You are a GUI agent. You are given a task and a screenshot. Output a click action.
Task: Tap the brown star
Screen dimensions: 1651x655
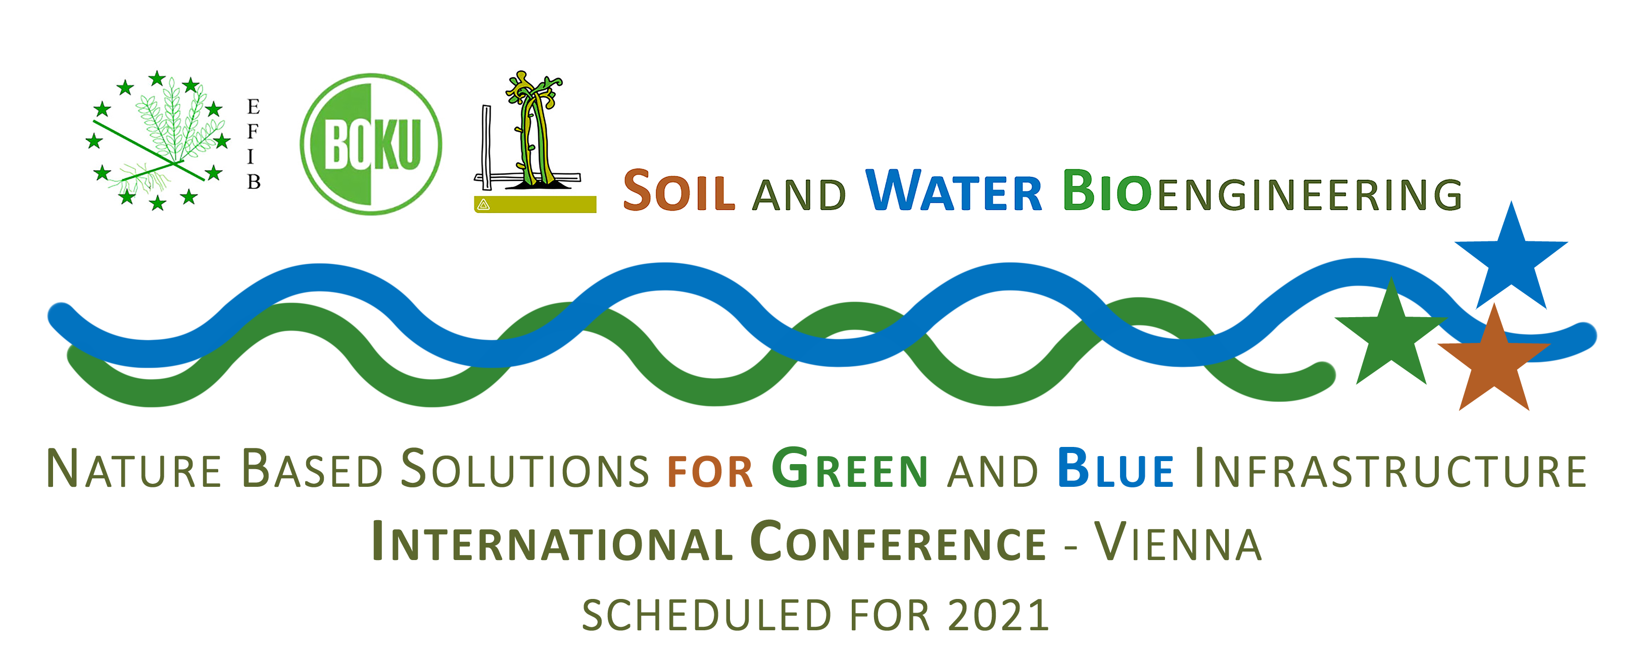click(1494, 364)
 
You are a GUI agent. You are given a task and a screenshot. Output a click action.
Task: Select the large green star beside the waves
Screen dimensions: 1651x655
click(1391, 338)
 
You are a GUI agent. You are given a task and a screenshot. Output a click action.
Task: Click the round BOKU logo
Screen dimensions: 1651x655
click(371, 144)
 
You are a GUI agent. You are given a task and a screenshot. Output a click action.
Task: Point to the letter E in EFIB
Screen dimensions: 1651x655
click(253, 107)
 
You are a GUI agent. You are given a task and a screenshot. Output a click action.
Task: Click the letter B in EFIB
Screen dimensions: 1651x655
click(254, 182)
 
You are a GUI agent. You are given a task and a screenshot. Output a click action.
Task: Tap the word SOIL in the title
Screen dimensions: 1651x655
click(678, 191)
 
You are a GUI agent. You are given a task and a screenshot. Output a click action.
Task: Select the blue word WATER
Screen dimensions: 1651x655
click(954, 190)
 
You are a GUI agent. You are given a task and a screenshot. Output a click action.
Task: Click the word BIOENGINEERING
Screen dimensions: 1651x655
click(1262, 191)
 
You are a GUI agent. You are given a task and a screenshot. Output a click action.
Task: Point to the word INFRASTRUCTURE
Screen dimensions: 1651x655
click(1391, 469)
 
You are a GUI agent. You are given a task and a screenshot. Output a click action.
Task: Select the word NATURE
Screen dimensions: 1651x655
click(134, 469)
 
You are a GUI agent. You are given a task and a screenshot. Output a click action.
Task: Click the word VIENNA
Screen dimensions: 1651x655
click(1178, 542)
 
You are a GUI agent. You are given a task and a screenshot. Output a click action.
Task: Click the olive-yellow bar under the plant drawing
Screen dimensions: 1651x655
click(535, 205)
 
